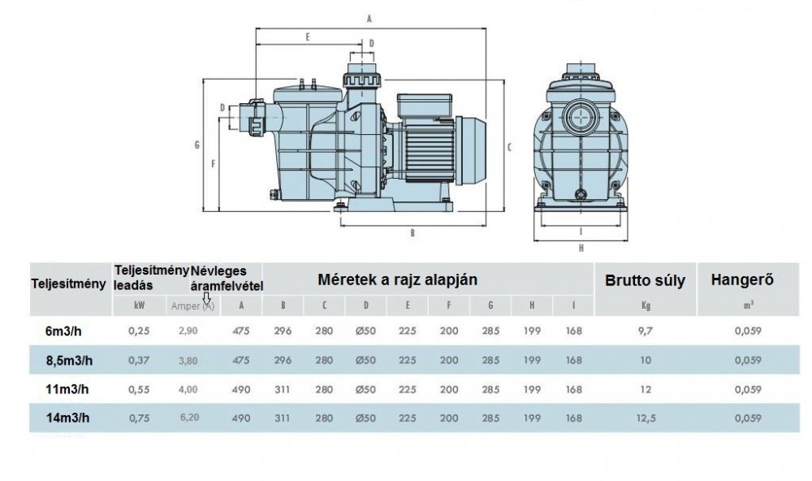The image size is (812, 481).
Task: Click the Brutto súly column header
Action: pyautogui.click(x=645, y=281)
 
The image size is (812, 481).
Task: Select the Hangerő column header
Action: pyautogui.click(x=741, y=280)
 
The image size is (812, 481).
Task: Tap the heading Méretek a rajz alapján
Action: pyautogui.click(x=397, y=279)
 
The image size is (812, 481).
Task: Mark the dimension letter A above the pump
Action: pyautogui.click(x=369, y=17)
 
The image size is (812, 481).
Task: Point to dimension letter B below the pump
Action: pyautogui.click(x=412, y=232)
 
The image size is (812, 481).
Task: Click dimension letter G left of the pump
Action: pyautogui.click(x=197, y=145)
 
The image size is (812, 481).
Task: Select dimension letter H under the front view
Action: pyautogui.click(x=581, y=248)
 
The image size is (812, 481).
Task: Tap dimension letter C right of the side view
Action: pyautogui.click(x=508, y=146)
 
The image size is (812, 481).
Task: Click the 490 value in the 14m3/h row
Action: pyautogui.click(x=242, y=418)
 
